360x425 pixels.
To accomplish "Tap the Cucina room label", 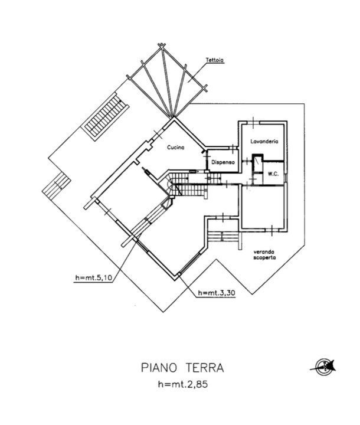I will (x=175, y=148).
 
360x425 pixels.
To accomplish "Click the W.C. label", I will (x=273, y=174).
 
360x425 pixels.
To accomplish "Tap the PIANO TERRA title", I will (x=182, y=368).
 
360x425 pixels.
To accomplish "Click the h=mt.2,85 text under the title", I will (x=182, y=385).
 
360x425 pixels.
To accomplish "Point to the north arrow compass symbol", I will (x=325, y=367).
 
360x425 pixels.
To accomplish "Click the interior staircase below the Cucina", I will (x=188, y=189).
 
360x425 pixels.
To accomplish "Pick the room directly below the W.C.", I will (x=264, y=207).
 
